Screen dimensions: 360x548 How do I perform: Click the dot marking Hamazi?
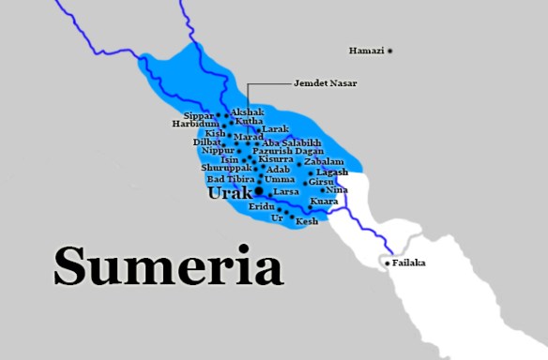(x=390, y=50)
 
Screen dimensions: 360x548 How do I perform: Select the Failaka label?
(x=409, y=262)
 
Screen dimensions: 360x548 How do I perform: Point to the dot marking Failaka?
(x=388, y=263)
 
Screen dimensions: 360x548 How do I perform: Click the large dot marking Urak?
(x=259, y=190)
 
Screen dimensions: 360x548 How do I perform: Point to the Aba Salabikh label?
(x=292, y=142)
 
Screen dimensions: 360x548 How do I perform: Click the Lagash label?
(x=332, y=172)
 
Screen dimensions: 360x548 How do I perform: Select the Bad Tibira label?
(x=230, y=178)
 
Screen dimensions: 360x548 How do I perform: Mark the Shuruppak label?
(x=226, y=168)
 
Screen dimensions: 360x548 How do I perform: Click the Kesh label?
(x=307, y=222)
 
